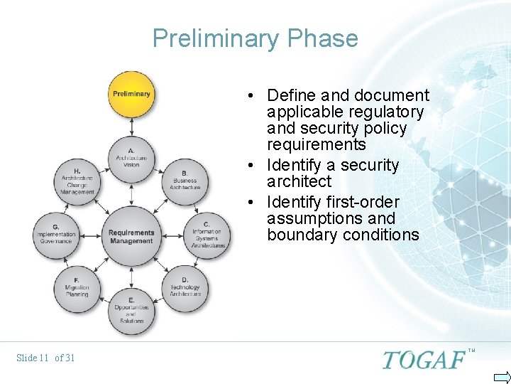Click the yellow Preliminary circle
click(131, 93)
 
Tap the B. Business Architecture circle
click(185, 179)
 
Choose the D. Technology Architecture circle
click(185, 287)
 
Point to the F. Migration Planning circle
click(77, 287)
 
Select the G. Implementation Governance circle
click(55, 234)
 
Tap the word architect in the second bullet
click(299, 181)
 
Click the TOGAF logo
click(424, 360)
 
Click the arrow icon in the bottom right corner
click(501, 376)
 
